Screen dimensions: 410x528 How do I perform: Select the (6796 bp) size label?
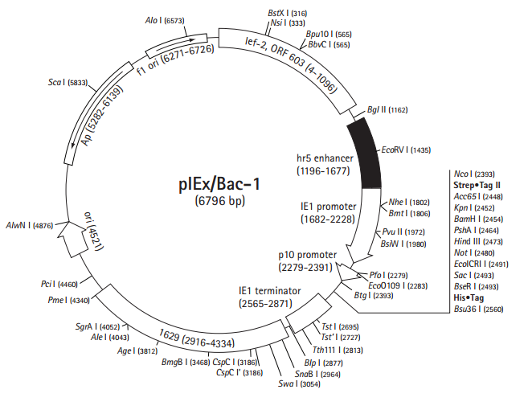pyautogui.click(x=219, y=201)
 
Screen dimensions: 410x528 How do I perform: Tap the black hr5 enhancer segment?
pyautogui.click(x=367, y=154)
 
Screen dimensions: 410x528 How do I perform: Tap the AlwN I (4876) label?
pyautogui.click(x=29, y=226)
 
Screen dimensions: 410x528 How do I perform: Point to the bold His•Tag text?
pyautogui.click(x=469, y=297)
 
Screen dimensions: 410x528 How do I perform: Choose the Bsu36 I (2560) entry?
pyautogui.click(x=478, y=308)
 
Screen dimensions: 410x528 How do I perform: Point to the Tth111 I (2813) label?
pyautogui.click(x=338, y=351)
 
